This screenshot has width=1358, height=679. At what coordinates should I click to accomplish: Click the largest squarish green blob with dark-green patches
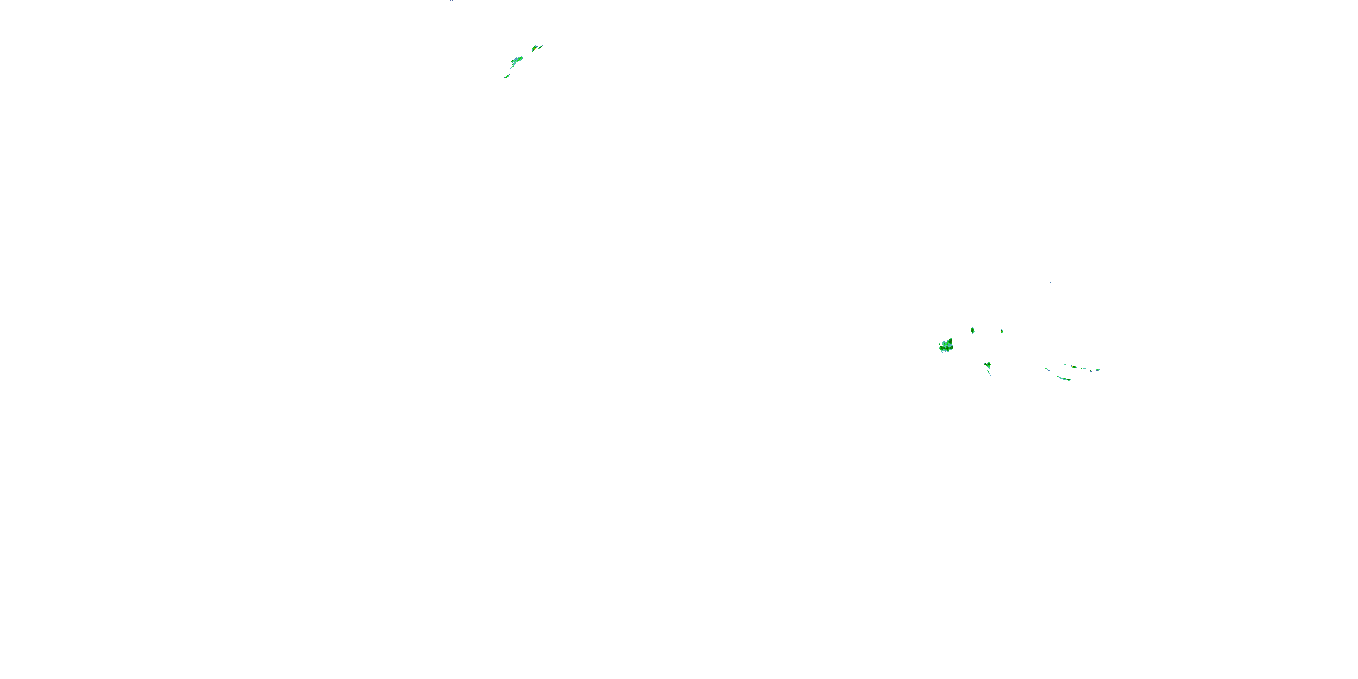tap(946, 346)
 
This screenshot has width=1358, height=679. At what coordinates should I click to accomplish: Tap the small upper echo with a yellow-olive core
tap(535, 48)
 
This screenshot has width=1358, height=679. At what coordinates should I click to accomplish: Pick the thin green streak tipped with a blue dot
tap(540, 48)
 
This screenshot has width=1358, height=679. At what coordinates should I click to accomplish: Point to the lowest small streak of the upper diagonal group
tap(507, 77)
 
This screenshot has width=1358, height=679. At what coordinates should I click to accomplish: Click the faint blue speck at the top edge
tap(451, 0)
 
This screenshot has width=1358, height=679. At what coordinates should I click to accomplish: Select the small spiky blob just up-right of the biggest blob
tap(973, 330)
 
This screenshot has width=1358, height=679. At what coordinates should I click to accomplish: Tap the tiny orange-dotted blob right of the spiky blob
tap(1002, 331)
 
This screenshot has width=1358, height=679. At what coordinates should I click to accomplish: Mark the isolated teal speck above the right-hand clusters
tap(1050, 283)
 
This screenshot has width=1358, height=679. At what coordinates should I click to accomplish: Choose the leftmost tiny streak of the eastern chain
tap(1047, 369)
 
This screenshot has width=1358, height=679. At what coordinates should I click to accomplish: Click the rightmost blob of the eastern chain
tap(1098, 369)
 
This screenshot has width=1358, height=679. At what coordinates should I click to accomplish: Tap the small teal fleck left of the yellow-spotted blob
tap(1065, 365)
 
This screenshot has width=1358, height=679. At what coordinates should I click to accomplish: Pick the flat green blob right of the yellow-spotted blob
tap(1085, 368)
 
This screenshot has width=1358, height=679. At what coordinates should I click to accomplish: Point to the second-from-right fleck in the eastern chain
tap(1091, 371)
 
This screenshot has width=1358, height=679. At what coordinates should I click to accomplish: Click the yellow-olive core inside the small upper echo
tap(535, 49)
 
